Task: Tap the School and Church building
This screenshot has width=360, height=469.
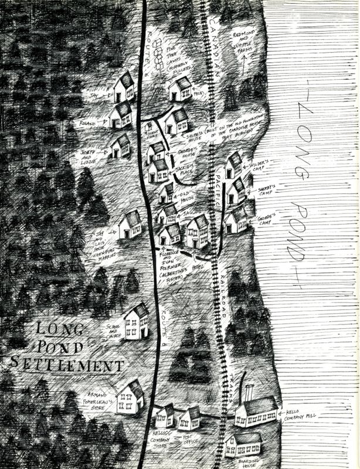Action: [136, 321]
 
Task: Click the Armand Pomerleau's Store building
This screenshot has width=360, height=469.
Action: [130, 398]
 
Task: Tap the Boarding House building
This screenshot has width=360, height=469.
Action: [242, 446]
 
